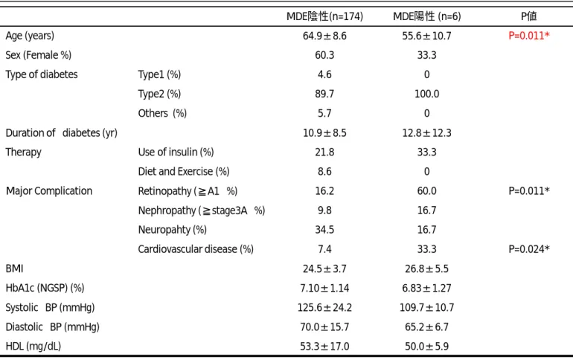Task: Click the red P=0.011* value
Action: [x=529, y=36]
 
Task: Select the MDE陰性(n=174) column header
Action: [x=324, y=16]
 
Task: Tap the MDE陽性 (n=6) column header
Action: [x=427, y=16]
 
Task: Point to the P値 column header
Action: [x=529, y=16]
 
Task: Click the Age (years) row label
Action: [x=30, y=36]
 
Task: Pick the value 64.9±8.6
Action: [x=324, y=36]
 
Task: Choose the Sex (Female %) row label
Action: [x=39, y=55]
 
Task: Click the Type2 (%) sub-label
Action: [x=159, y=94]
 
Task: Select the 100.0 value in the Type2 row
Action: [x=427, y=94]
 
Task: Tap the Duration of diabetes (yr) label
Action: [x=61, y=133]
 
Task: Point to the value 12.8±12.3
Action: [x=427, y=133]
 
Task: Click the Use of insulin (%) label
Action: [x=176, y=152]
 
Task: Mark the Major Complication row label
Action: [x=49, y=190]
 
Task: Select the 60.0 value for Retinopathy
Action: [x=427, y=191]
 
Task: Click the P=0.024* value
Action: [x=529, y=249]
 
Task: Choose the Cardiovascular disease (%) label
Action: [x=196, y=249]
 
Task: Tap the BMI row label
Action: [x=14, y=269]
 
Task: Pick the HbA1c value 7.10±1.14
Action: [x=324, y=288]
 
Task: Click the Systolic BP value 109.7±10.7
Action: [x=427, y=307]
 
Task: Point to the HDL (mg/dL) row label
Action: [x=33, y=346]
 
